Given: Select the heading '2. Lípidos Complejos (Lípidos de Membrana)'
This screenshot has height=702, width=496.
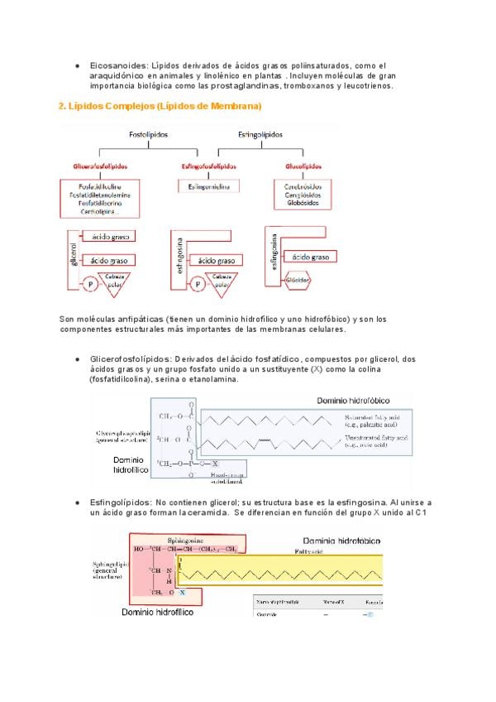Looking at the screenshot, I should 160,107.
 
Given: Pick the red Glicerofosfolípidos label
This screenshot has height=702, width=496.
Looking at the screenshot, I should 101,166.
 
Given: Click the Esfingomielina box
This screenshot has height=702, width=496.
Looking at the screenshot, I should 210,187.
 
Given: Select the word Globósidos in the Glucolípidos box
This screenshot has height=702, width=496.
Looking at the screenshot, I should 303,203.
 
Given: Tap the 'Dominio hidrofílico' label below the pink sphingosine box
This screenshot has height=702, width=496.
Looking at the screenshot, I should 158,613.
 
